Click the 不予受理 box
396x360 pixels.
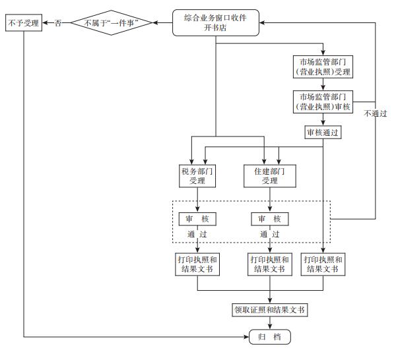click(23, 24)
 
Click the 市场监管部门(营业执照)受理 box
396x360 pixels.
click(323, 68)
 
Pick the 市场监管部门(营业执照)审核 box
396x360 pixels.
click(323, 102)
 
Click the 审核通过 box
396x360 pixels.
click(323, 132)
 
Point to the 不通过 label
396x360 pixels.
click(376, 113)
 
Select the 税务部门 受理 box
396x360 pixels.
click(198, 175)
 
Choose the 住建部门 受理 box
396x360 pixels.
click(270, 175)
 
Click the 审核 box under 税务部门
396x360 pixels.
click(198, 219)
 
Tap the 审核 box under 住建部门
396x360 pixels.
click(270, 219)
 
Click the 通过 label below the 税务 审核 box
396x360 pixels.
click(198, 234)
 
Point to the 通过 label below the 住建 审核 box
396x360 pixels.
click(270, 234)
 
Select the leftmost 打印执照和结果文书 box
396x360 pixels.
click(198, 264)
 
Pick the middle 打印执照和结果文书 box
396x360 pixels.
click(270, 264)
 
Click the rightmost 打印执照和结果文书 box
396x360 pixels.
click(323, 264)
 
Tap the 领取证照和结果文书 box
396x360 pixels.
click(270, 309)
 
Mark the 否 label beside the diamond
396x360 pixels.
click(58, 24)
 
